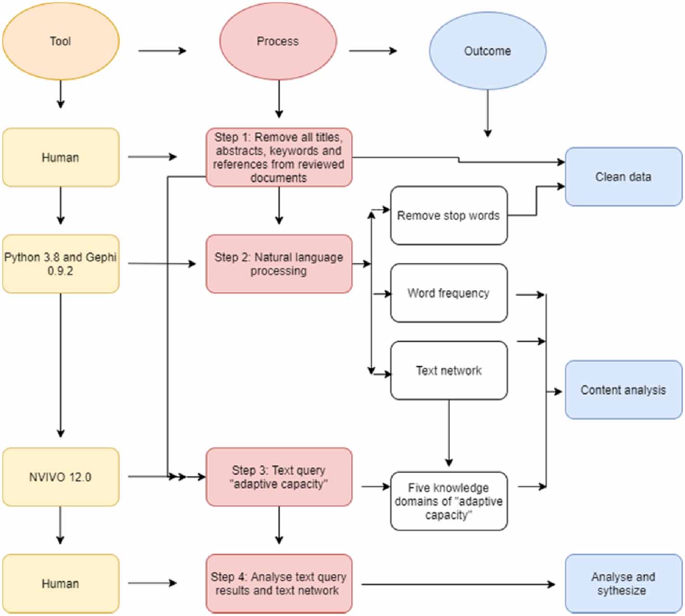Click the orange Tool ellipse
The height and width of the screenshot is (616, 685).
click(61, 41)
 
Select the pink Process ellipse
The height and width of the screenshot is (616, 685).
click(278, 41)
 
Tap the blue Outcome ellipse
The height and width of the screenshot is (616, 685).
click(487, 51)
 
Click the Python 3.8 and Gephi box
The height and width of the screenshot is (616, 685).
click(61, 264)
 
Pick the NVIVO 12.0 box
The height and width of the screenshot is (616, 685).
click(61, 477)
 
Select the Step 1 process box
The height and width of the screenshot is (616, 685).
click(279, 157)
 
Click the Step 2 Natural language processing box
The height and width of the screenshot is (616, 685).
click(279, 264)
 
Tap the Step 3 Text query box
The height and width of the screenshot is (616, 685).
click(279, 477)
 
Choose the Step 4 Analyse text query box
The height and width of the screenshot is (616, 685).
click(279, 583)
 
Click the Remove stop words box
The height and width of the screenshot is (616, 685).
click(448, 215)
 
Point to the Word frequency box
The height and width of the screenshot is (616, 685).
click(448, 293)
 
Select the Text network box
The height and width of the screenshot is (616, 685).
click(448, 370)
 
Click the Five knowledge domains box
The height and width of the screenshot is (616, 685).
click(448, 501)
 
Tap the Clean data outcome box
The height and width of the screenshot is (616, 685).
click(623, 177)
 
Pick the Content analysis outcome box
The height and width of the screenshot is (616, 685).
click(623, 390)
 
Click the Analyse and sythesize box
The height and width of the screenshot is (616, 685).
click(623, 583)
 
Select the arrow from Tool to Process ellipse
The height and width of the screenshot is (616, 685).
click(162, 50)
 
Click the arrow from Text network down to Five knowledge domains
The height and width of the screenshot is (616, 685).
click(448, 432)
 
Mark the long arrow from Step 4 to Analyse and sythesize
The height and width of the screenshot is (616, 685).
click(457, 584)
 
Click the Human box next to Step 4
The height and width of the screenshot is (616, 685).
click(61, 583)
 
